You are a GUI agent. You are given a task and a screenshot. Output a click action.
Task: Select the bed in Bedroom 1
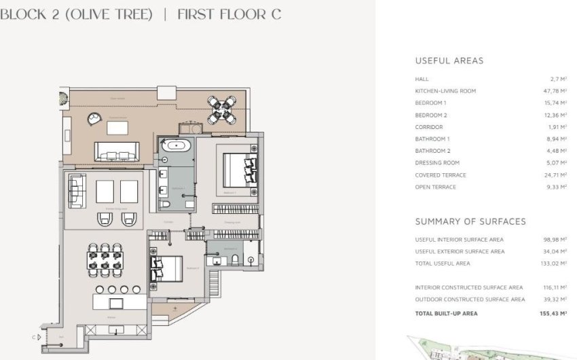(238, 168)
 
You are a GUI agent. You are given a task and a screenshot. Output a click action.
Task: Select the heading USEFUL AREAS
(449, 60)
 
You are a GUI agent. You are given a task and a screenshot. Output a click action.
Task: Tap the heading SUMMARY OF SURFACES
(470, 221)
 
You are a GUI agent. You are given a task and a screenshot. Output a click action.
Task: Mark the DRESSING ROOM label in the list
(437, 163)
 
